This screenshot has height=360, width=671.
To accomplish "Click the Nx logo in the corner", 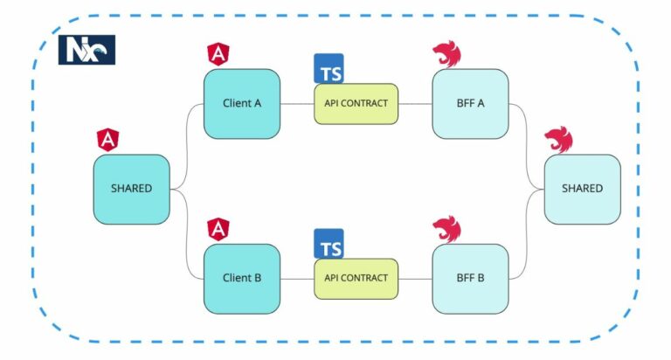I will click(x=86, y=50).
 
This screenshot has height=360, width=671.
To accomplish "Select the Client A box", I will click(x=242, y=103).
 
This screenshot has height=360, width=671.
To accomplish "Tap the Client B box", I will click(x=242, y=279).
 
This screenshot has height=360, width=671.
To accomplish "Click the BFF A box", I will click(x=470, y=103).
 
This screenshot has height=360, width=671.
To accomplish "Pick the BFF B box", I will click(x=470, y=279).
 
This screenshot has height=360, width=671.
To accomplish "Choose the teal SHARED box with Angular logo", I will click(x=131, y=189).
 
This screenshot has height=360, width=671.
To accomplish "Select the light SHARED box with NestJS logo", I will click(x=582, y=189).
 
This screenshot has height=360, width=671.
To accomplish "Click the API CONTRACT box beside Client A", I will click(x=356, y=103).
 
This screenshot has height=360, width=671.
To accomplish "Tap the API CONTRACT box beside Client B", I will click(x=356, y=279).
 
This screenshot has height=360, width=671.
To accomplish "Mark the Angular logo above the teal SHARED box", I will click(x=108, y=138).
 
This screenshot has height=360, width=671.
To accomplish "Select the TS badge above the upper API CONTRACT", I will click(x=329, y=68).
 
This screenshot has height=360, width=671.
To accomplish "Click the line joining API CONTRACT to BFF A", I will click(x=415, y=103).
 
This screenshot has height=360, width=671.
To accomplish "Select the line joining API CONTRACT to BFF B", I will click(x=415, y=279).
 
